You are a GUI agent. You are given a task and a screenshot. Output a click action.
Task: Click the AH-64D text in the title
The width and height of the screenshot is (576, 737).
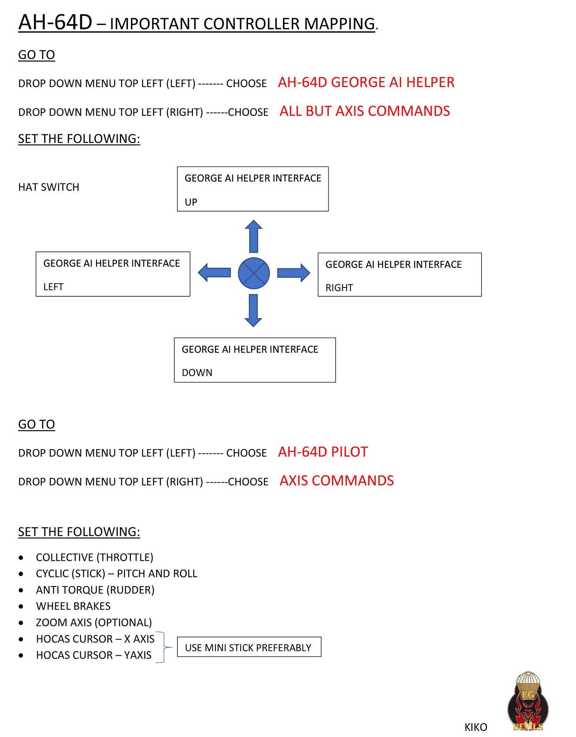(x=55, y=22)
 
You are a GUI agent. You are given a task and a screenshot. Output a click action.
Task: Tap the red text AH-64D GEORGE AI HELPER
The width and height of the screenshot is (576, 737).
(x=366, y=83)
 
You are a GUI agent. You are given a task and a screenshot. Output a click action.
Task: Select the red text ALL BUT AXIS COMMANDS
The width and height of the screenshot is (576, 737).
(x=364, y=111)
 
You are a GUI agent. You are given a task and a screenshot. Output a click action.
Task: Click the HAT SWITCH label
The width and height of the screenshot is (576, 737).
(x=49, y=187)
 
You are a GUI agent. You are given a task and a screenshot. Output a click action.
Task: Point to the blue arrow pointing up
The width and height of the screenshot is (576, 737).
(x=253, y=236)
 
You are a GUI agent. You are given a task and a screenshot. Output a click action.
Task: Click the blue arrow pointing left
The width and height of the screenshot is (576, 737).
(x=214, y=273)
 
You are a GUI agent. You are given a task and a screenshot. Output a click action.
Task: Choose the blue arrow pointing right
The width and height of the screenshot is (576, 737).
(x=293, y=273)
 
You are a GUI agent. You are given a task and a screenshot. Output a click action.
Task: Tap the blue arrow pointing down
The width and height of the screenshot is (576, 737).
(x=253, y=311)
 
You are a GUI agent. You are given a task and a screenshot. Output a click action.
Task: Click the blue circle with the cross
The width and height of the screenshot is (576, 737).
(x=254, y=273)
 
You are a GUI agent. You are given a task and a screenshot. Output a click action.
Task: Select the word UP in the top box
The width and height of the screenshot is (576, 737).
(x=191, y=202)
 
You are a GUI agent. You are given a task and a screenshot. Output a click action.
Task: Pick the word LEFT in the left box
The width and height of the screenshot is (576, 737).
(x=53, y=287)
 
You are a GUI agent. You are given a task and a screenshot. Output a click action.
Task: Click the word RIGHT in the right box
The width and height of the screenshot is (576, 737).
(x=339, y=288)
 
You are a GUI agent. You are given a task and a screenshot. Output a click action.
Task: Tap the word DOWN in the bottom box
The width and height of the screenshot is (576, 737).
(x=197, y=373)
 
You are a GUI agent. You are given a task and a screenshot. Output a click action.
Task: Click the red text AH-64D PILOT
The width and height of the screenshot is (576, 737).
(x=323, y=452)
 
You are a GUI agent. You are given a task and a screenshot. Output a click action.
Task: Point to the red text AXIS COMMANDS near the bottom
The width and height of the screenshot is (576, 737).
(x=336, y=481)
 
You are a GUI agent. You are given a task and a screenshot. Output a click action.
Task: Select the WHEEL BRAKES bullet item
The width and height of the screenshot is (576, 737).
(x=73, y=606)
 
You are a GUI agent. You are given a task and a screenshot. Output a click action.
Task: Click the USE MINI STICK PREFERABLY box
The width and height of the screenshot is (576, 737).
(x=249, y=648)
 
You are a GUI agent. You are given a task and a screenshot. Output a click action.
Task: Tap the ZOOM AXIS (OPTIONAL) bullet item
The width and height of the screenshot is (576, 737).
(x=94, y=623)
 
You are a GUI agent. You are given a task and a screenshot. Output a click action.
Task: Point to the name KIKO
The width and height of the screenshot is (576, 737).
(x=476, y=727)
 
